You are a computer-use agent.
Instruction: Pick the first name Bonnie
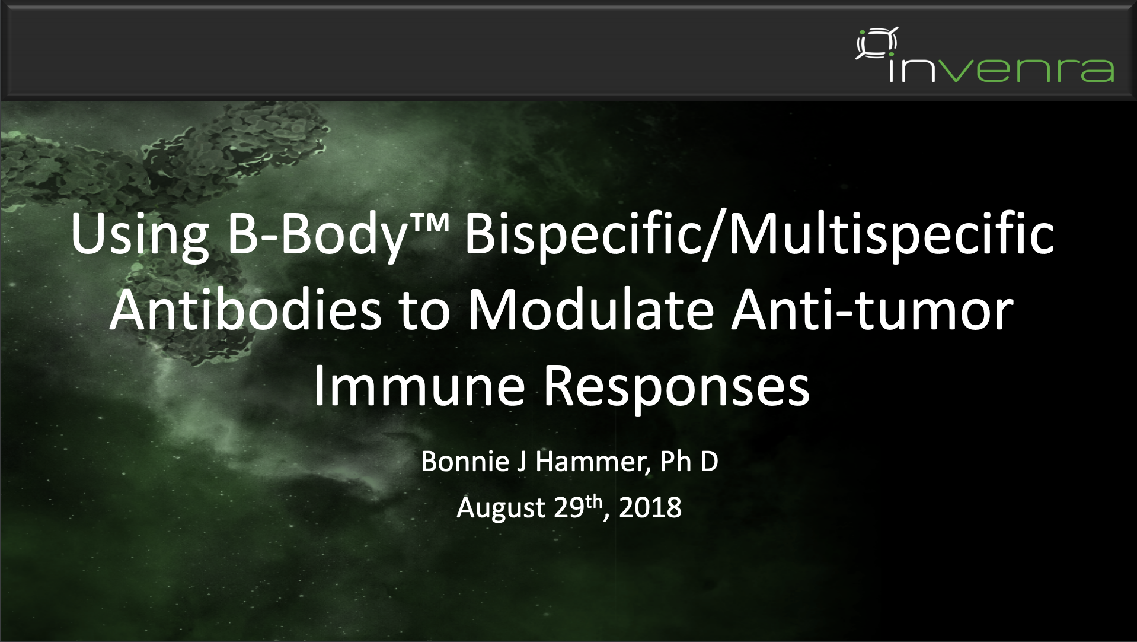click(465, 461)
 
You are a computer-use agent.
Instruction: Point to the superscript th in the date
click(594, 502)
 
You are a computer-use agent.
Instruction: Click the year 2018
click(650, 508)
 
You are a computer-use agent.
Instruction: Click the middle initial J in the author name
click(522, 462)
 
